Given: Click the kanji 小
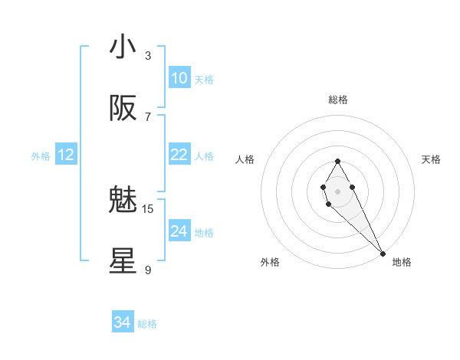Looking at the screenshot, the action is tap(123, 47).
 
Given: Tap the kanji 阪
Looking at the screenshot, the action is tap(123, 109).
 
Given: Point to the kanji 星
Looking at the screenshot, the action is tap(123, 261).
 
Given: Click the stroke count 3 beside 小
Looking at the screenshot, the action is tap(148, 55).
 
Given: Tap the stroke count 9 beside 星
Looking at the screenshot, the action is tap(148, 270).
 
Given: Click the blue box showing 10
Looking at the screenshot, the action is tap(179, 78).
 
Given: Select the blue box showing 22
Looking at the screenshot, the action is tap(179, 155).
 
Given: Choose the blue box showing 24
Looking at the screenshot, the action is tap(179, 231).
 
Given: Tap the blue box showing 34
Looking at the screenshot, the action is tap(122, 322).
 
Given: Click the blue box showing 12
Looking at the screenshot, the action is tap(65, 155).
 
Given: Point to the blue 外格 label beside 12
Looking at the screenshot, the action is tap(41, 156).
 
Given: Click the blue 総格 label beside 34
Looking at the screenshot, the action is tap(147, 324).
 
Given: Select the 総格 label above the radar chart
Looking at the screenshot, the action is tap(338, 100).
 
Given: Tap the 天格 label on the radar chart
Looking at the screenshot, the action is tap(432, 159).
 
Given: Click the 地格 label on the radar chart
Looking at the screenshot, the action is tap(402, 262).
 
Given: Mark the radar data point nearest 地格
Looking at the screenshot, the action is tap(383, 253).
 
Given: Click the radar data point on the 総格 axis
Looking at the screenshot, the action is tap(337, 161).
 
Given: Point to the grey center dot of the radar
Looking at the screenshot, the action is tap(337, 191).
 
